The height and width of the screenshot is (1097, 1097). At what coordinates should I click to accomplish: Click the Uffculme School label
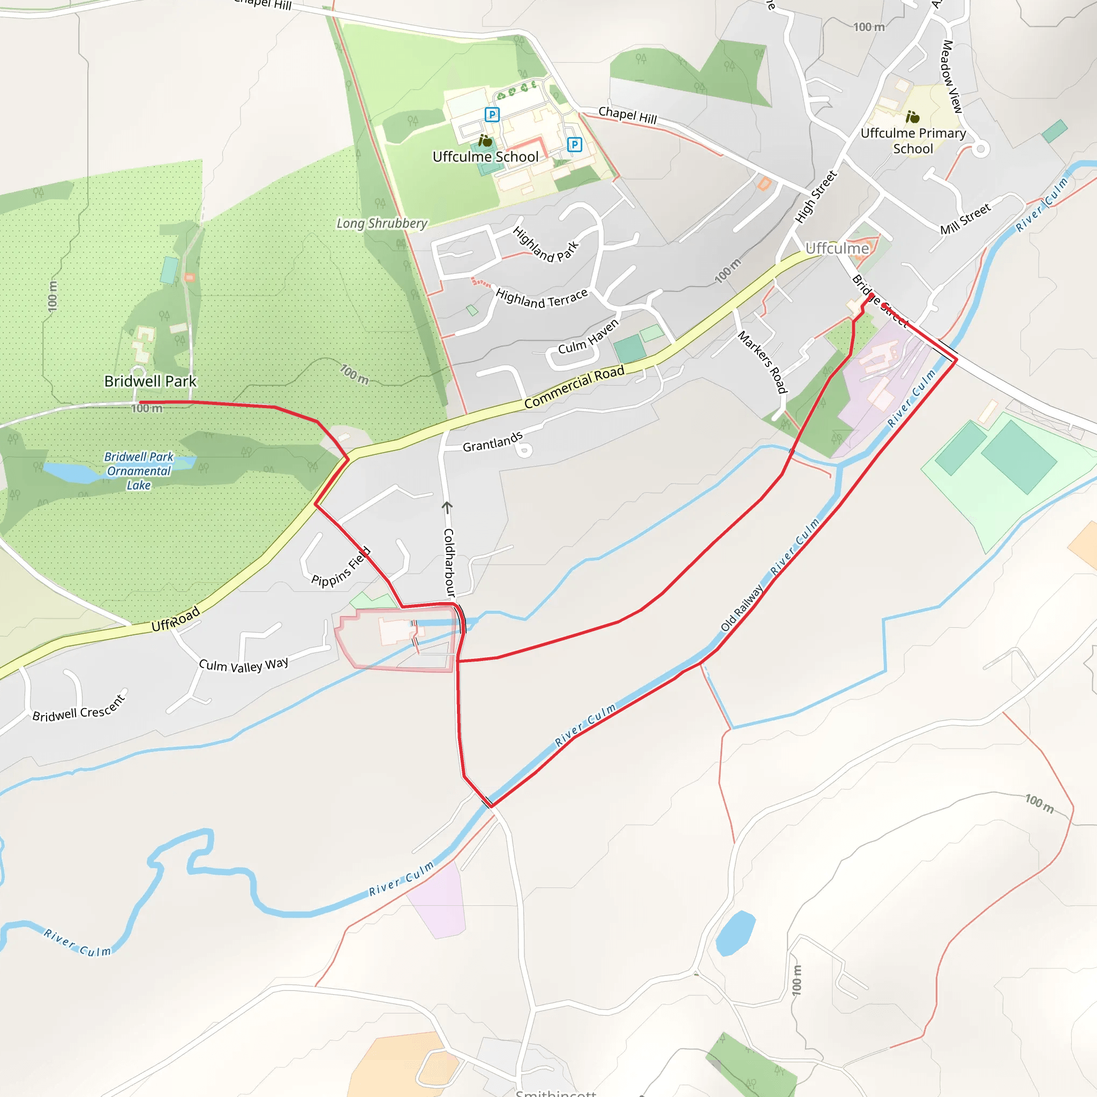tap(485, 157)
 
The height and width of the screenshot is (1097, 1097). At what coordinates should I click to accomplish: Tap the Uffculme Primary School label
tap(913, 141)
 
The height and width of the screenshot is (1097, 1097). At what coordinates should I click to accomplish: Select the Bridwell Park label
tap(151, 381)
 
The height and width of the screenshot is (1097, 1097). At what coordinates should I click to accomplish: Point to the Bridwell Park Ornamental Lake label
tap(139, 471)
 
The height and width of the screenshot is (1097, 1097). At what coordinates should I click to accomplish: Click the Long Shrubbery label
tap(381, 224)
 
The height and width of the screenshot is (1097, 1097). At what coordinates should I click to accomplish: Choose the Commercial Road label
tap(574, 387)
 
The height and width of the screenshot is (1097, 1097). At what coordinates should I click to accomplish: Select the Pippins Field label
tap(341, 567)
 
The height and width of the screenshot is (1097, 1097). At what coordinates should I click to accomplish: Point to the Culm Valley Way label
tap(244, 665)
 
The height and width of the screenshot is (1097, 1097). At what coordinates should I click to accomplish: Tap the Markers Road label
tap(763, 362)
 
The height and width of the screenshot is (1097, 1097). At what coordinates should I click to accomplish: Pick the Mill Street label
tap(965, 219)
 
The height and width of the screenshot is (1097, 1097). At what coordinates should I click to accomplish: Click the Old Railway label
tap(741, 608)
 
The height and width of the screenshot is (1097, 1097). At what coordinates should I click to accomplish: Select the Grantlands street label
tap(492, 442)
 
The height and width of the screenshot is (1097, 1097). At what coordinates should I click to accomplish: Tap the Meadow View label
tap(952, 76)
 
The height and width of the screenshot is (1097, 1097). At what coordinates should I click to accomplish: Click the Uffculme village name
tap(837, 249)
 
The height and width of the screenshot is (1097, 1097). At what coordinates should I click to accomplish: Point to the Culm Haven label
tap(588, 337)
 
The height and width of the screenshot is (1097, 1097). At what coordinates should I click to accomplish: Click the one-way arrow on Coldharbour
tap(447, 507)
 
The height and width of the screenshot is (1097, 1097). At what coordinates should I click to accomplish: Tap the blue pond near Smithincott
tap(735, 933)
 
